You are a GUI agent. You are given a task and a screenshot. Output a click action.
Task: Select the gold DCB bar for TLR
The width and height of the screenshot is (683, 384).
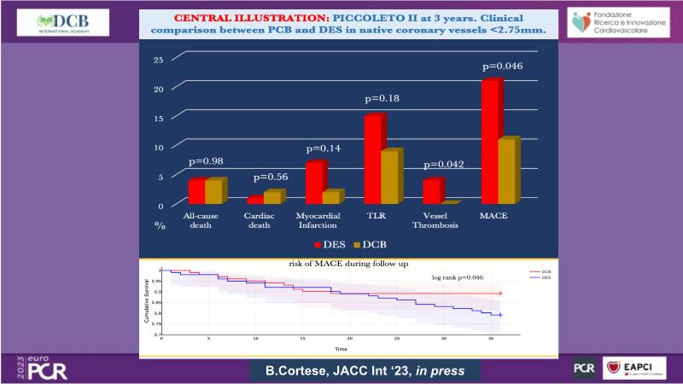(x=388, y=177)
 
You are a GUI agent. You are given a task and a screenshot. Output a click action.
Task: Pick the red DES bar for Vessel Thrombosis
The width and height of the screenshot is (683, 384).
(x=432, y=191)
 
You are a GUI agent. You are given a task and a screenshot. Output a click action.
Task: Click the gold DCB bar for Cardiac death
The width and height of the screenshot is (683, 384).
(x=271, y=198)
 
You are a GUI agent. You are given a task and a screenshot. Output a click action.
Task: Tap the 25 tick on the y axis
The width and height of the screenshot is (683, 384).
(x=158, y=60)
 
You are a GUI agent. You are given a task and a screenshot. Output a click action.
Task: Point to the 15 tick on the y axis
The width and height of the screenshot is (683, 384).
(x=158, y=118)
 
